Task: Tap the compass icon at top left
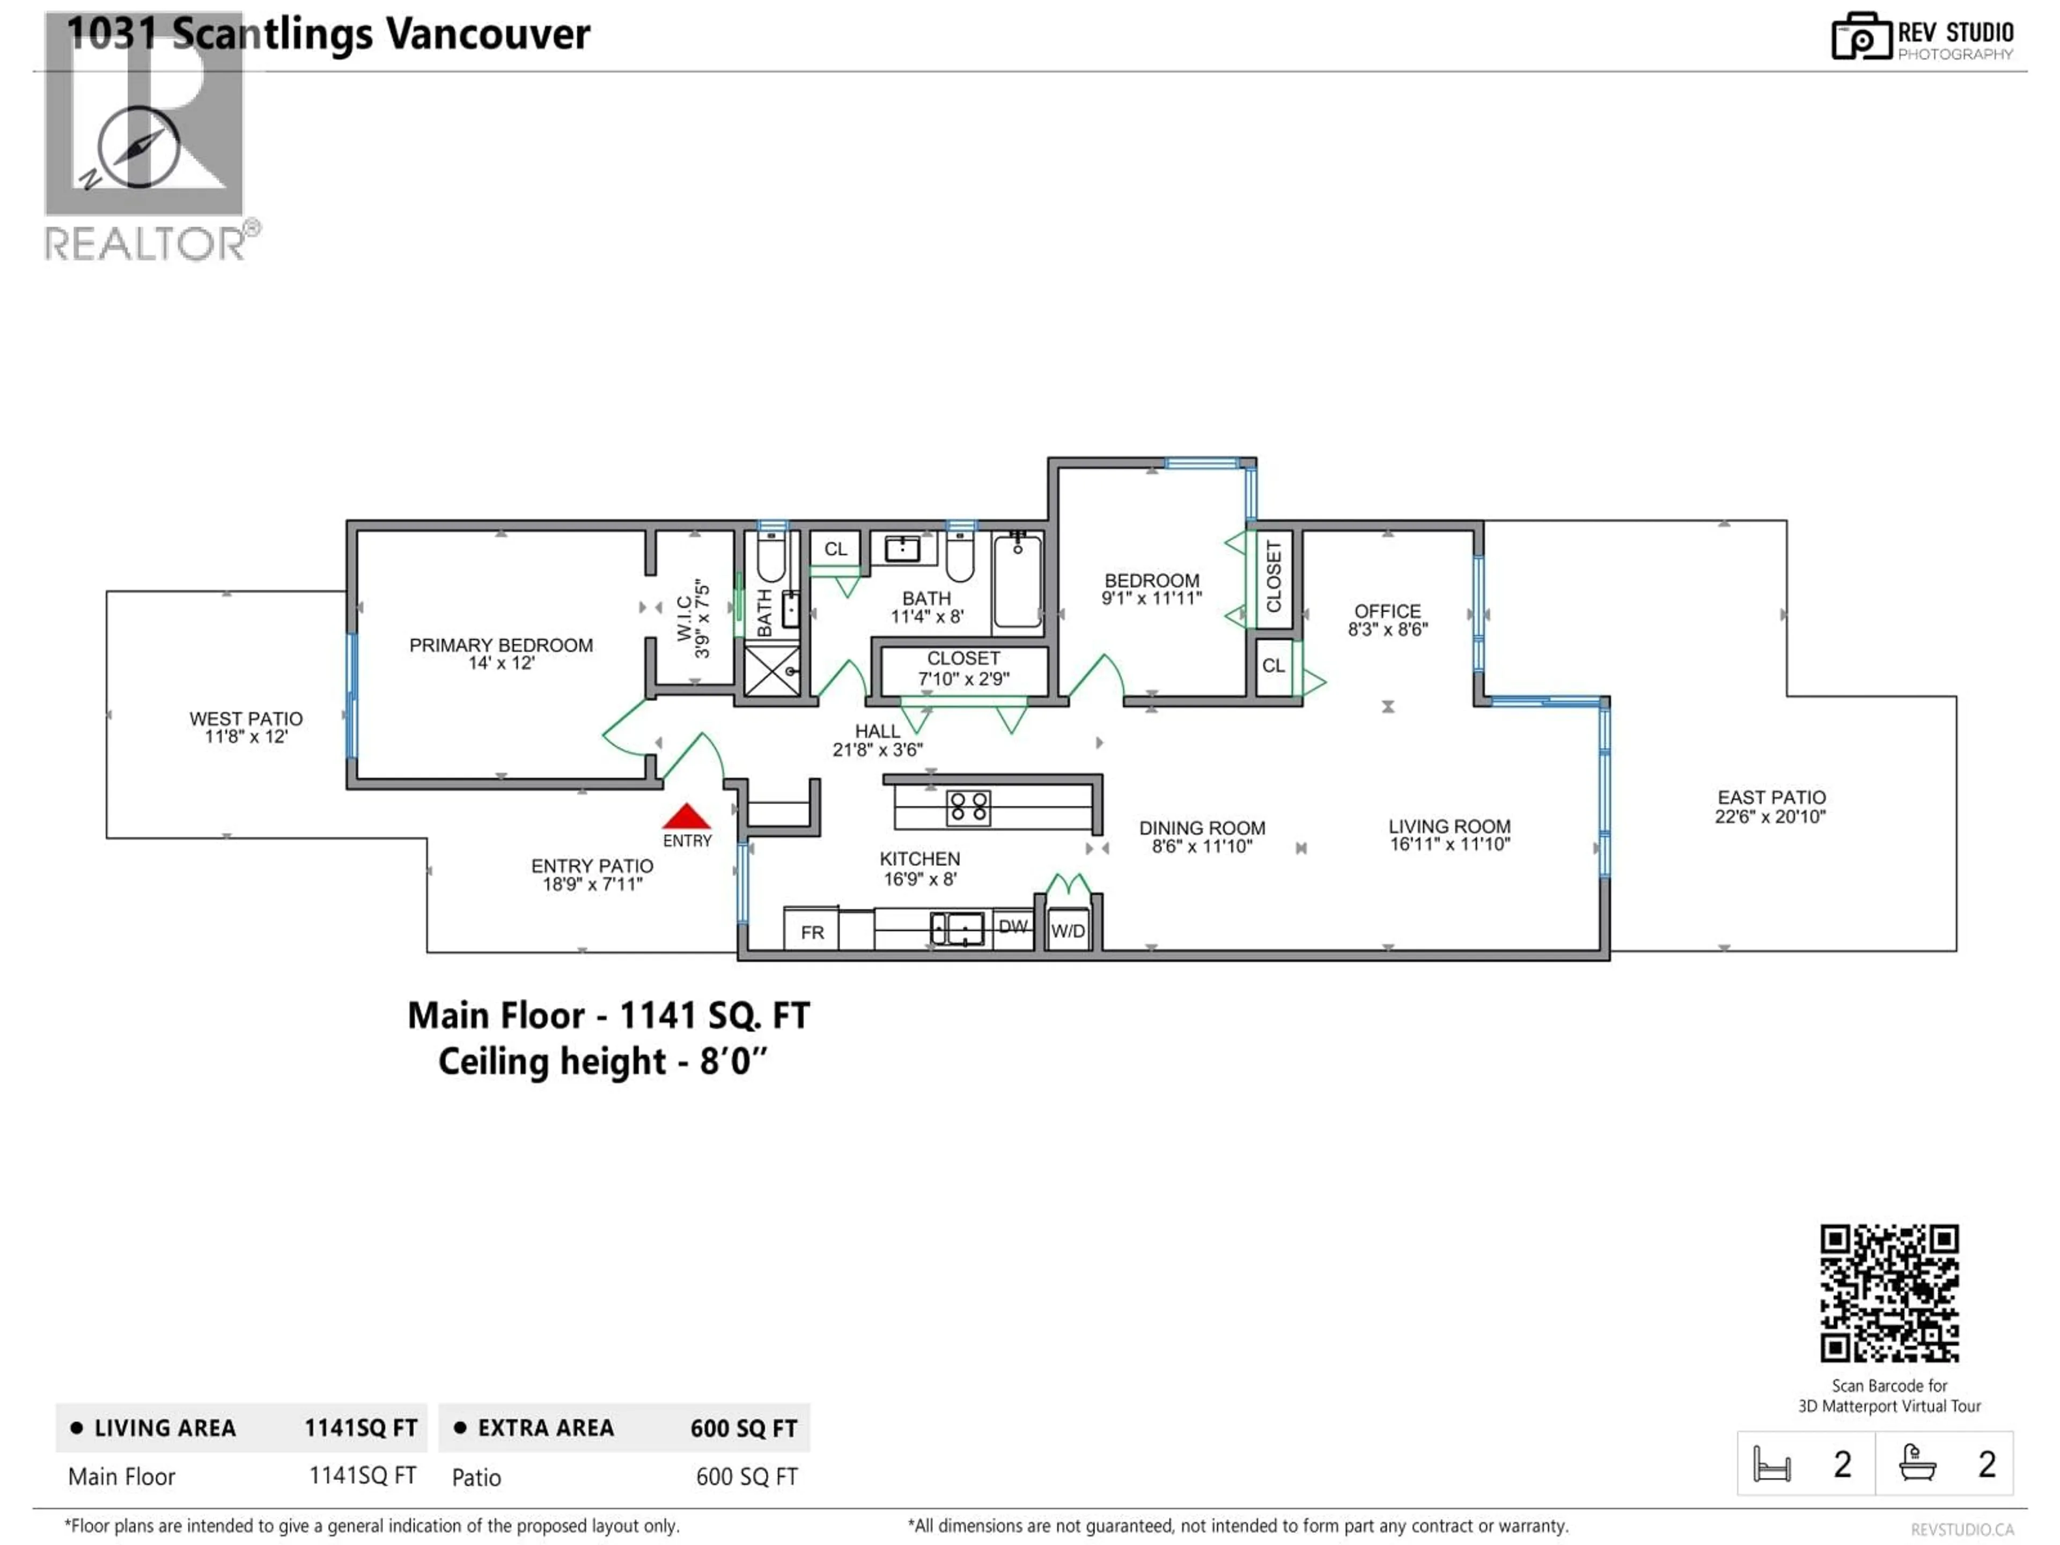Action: pyautogui.click(x=139, y=147)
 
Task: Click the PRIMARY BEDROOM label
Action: pyautogui.click(x=501, y=645)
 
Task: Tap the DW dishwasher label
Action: pyautogui.click(x=1012, y=926)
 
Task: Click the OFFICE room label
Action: pyautogui.click(x=1387, y=611)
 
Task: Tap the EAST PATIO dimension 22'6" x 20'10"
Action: pyautogui.click(x=1770, y=816)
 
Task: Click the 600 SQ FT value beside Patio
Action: pyautogui.click(x=746, y=1477)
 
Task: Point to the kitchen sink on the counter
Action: pyautogui.click(x=958, y=928)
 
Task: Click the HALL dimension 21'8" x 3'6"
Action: pyautogui.click(x=877, y=749)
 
